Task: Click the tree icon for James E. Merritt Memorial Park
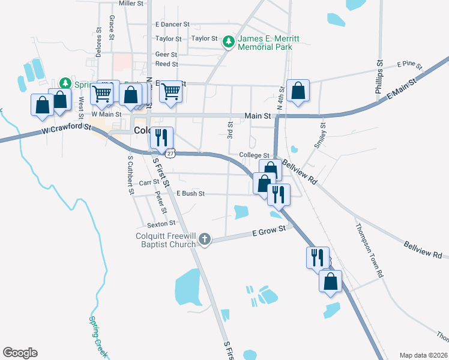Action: point(228,41)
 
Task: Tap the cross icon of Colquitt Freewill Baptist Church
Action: point(204,240)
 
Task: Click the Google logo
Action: point(20,353)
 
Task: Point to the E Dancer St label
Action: point(172,25)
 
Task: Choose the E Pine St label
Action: point(410,64)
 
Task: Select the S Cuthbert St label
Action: point(129,176)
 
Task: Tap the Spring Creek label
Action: point(97,334)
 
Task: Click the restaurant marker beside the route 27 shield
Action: point(161,138)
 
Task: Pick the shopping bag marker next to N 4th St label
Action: point(298,91)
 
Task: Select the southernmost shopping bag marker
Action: point(330,281)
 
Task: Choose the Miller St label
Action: point(131,3)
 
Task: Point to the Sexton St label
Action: point(161,223)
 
